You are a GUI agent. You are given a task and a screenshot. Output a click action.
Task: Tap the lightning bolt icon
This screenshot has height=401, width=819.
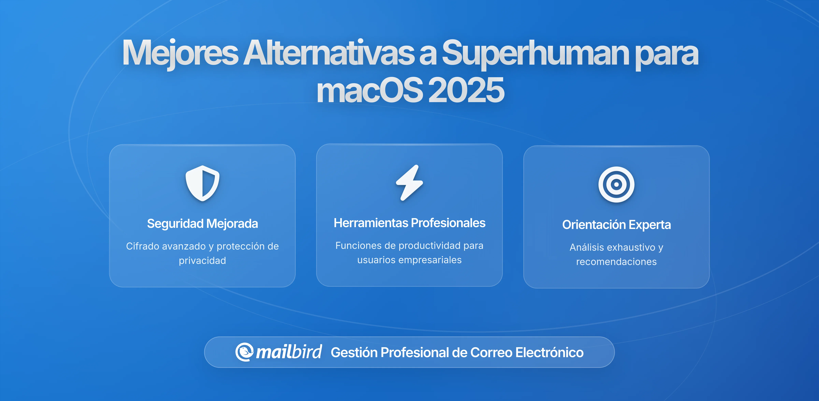click(409, 183)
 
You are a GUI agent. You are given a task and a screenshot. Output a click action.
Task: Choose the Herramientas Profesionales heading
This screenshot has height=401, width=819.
click(409, 223)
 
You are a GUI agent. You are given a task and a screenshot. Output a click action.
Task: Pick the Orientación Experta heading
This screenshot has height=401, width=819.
click(616, 225)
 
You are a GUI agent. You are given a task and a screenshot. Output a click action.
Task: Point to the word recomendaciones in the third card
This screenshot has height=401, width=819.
click(616, 262)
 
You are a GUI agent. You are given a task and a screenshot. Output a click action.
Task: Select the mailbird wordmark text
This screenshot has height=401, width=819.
click(289, 352)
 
